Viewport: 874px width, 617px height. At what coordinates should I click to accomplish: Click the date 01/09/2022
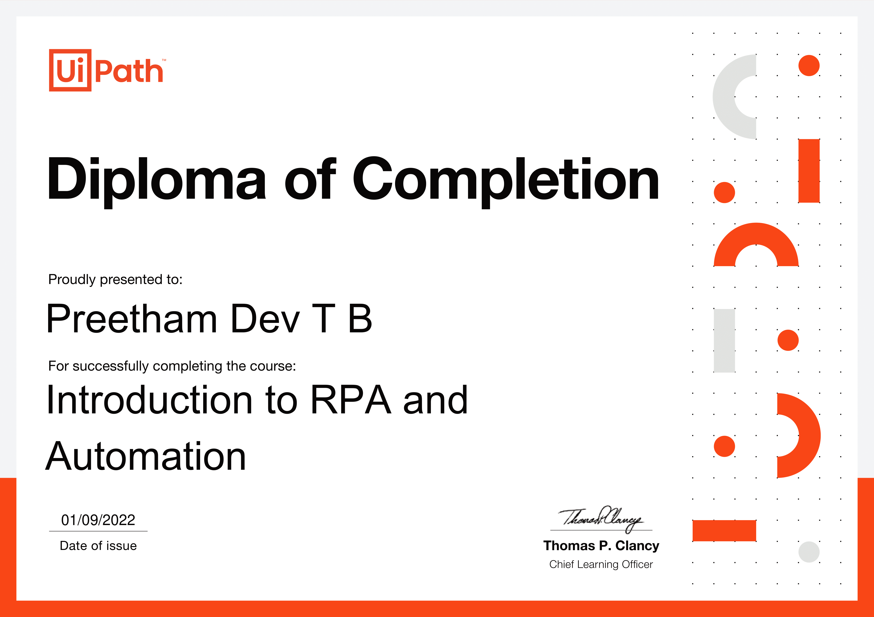pos(98,520)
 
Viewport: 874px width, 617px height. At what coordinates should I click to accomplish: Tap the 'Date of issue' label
pos(98,546)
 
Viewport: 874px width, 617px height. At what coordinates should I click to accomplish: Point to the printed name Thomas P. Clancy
pos(601,546)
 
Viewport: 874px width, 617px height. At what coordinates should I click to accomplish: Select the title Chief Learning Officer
pos(601,565)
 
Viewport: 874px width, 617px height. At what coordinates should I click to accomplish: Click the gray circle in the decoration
pos(809,552)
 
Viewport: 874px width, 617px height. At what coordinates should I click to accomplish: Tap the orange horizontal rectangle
pos(724,531)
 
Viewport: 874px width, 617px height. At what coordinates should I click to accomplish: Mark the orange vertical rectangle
pos(809,171)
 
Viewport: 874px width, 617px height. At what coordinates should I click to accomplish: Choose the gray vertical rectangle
pos(724,341)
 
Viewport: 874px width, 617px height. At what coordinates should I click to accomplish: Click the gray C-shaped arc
pos(723,97)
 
